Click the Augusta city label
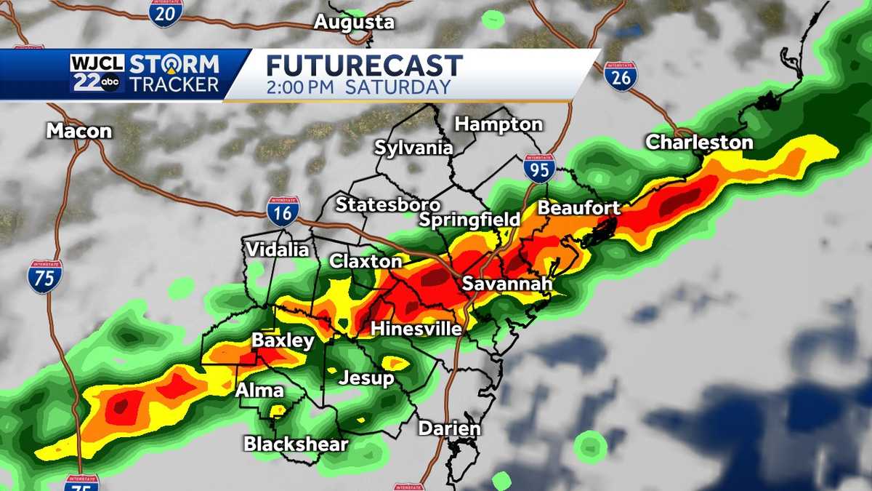pos(354,23)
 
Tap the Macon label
pos(79,131)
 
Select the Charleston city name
pos(699,143)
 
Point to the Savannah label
pos(507,284)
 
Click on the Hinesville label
pos(416,329)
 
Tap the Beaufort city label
pos(578,208)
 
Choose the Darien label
pos(449,428)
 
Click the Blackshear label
pos(296,444)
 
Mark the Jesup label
pos(366,378)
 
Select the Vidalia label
pos(277,250)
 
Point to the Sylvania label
pos(413,148)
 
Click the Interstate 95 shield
pos(538,168)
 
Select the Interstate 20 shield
pos(166,12)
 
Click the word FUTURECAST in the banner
pos(364,65)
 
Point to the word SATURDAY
pos(397,88)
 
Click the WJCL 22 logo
pos(97,73)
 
